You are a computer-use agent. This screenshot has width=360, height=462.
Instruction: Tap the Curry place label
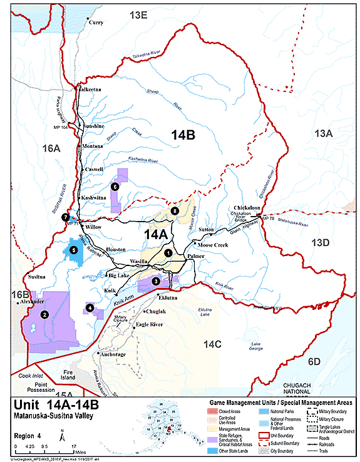[x=96, y=23]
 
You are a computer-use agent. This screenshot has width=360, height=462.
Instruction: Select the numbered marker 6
[x=115, y=186]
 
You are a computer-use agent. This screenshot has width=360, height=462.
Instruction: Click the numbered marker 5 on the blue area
[x=74, y=250]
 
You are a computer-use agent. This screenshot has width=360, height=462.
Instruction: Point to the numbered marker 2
[x=44, y=315]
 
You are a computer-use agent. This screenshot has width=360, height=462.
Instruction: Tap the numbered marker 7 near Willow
[x=65, y=217]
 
